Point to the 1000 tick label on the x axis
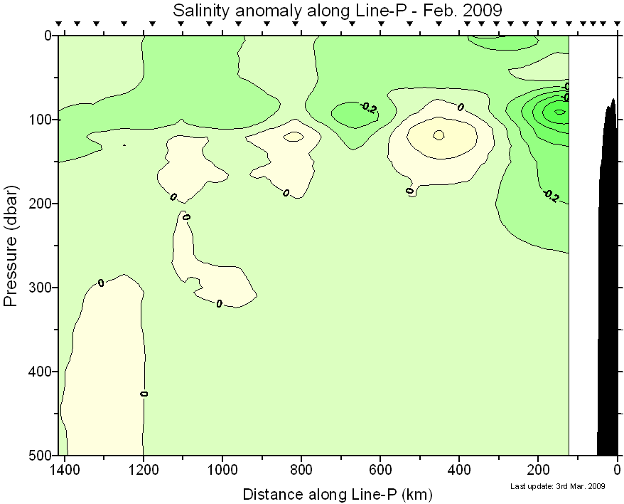pos(222,471)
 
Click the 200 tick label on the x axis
pos(538,471)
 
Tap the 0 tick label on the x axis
pos(617,471)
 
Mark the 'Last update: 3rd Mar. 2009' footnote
pos(557,487)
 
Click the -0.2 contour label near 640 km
pos(368,107)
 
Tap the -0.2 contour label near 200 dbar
pos(550,196)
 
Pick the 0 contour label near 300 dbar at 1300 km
pos(101,283)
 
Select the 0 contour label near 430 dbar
pos(144,393)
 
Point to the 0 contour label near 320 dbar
pos(219,304)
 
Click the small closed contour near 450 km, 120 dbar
pos(439,135)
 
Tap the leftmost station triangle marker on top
pos(59,24)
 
